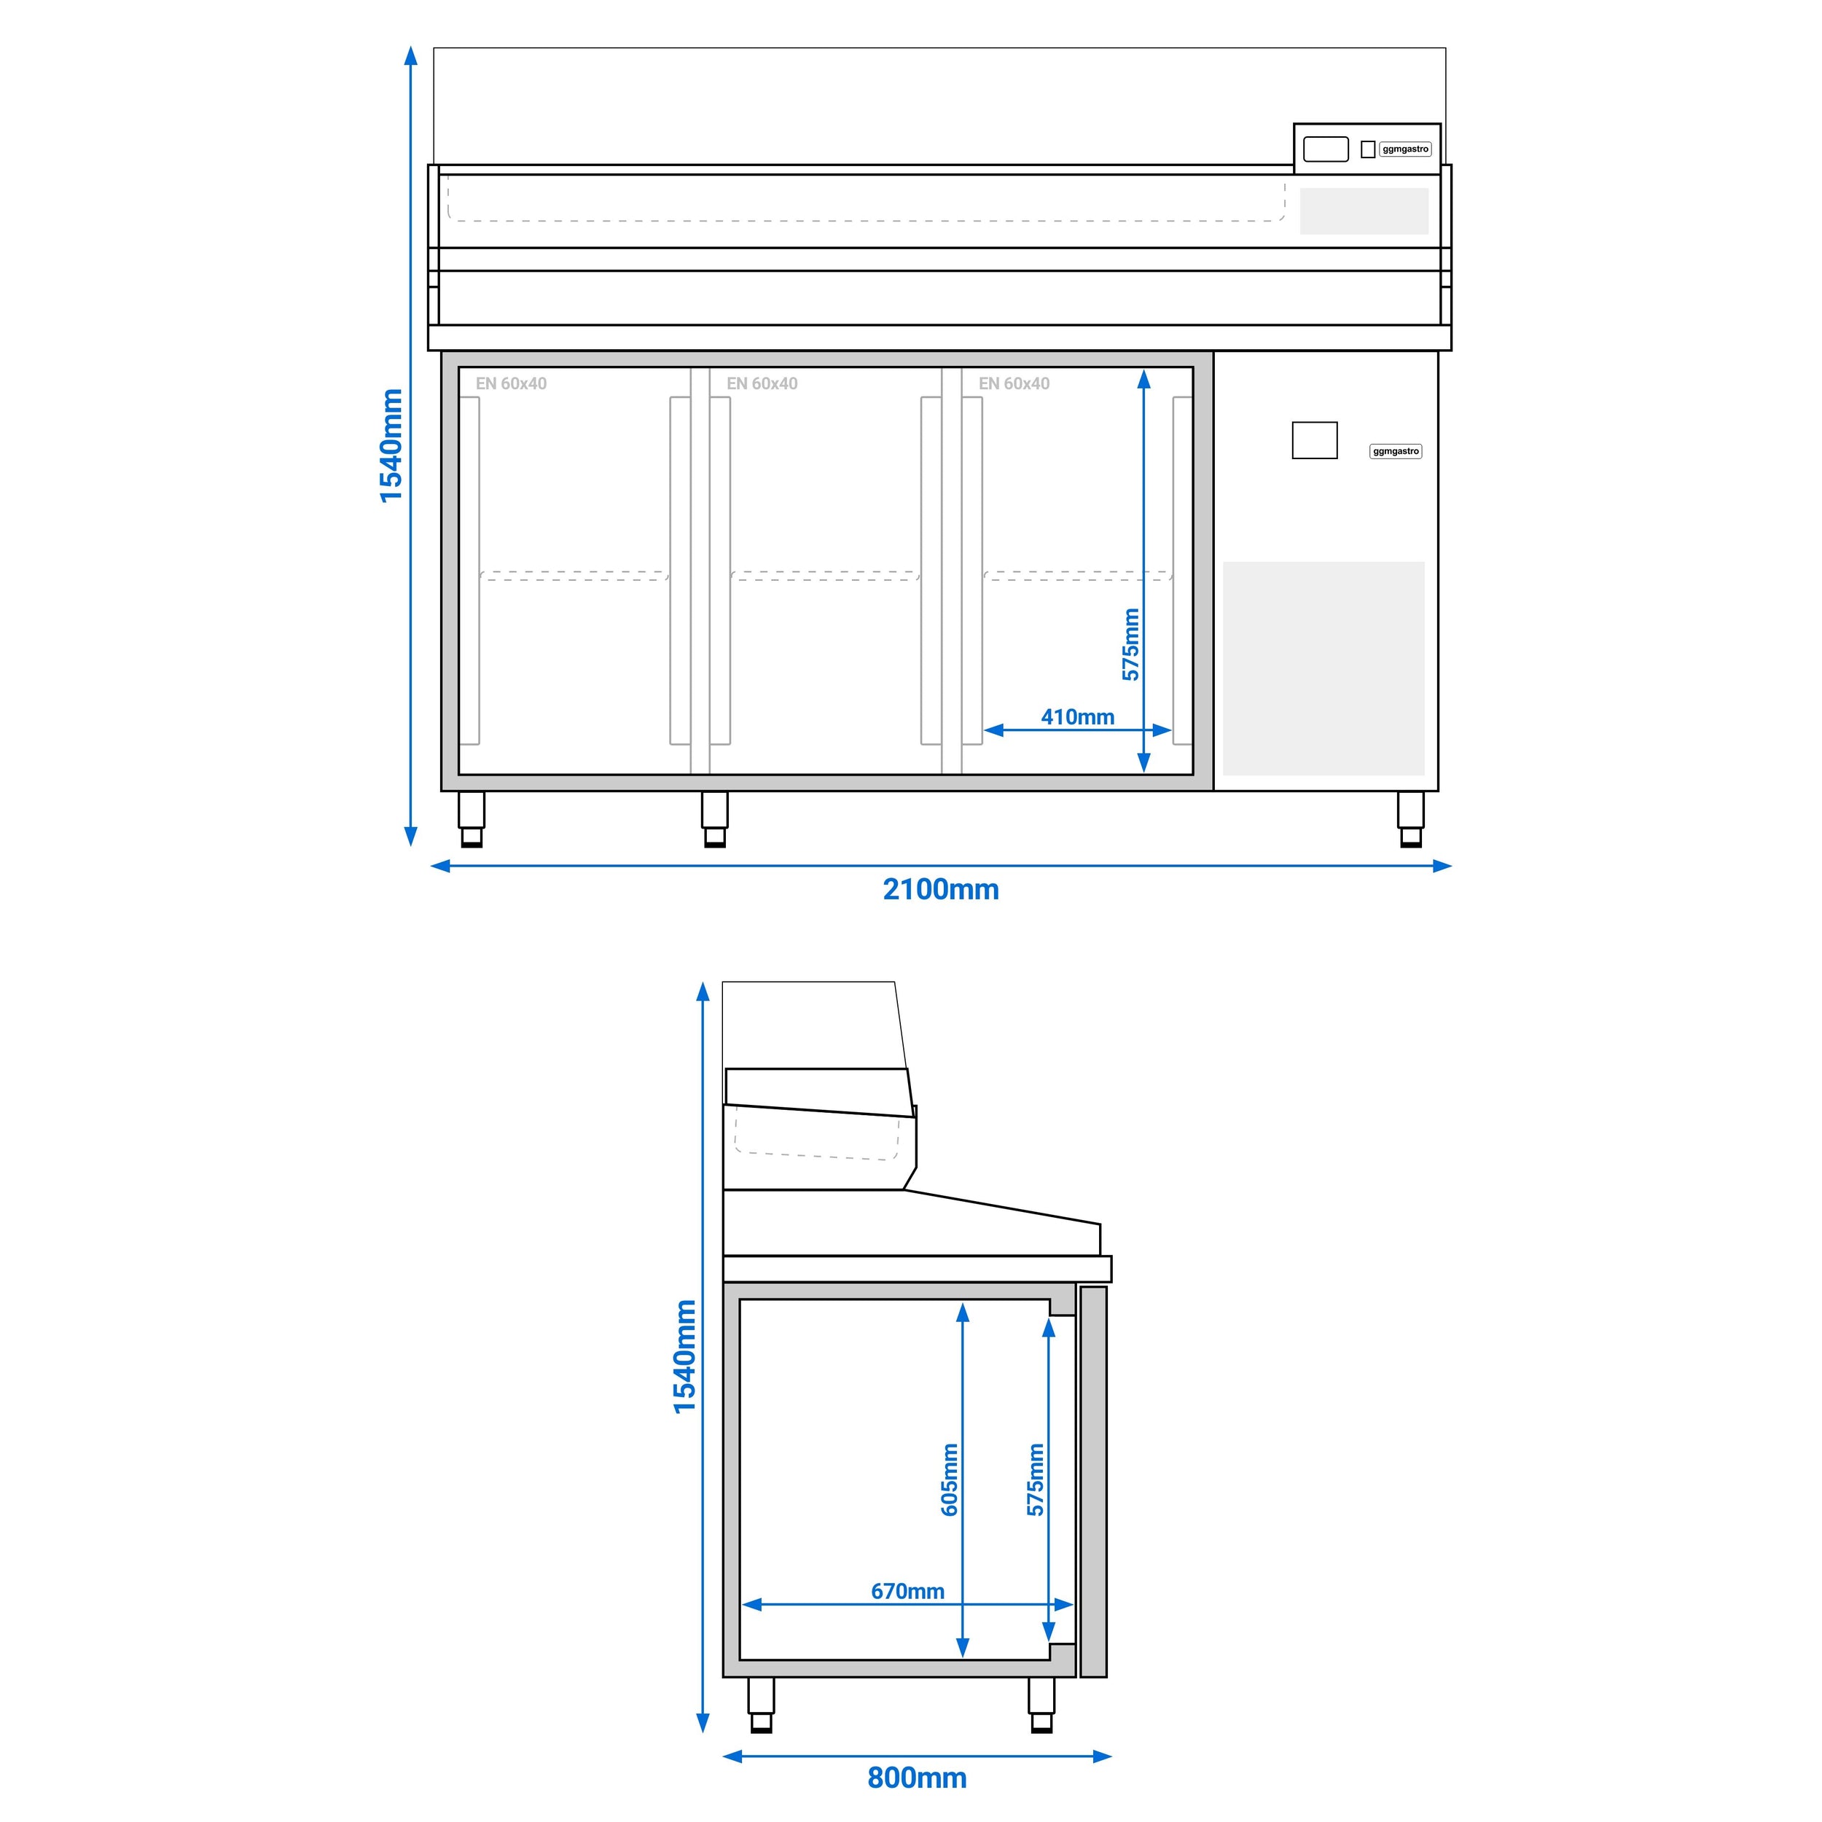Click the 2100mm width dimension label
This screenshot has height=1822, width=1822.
[940, 889]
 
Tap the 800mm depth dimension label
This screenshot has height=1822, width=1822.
[917, 1778]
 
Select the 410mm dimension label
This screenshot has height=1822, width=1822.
[1077, 716]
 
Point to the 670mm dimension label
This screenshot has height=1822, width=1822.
[907, 1591]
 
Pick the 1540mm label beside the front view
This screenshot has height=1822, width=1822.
[391, 446]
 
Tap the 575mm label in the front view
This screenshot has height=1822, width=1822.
[1131, 644]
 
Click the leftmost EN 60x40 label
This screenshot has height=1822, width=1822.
[511, 384]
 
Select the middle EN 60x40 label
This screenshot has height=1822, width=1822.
[762, 384]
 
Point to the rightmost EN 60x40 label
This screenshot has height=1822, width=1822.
[1014, 384]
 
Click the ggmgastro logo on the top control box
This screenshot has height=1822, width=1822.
[1405, 149]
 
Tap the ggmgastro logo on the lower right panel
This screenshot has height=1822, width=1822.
[1396, 452]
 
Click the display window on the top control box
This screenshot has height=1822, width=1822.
[1325, 149]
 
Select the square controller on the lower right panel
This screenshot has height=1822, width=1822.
[1315, 440]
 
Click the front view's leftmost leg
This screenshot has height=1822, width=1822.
[472, 818]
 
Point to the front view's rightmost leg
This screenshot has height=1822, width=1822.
[1411, 818]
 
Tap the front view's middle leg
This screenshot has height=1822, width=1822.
[715, 818]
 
